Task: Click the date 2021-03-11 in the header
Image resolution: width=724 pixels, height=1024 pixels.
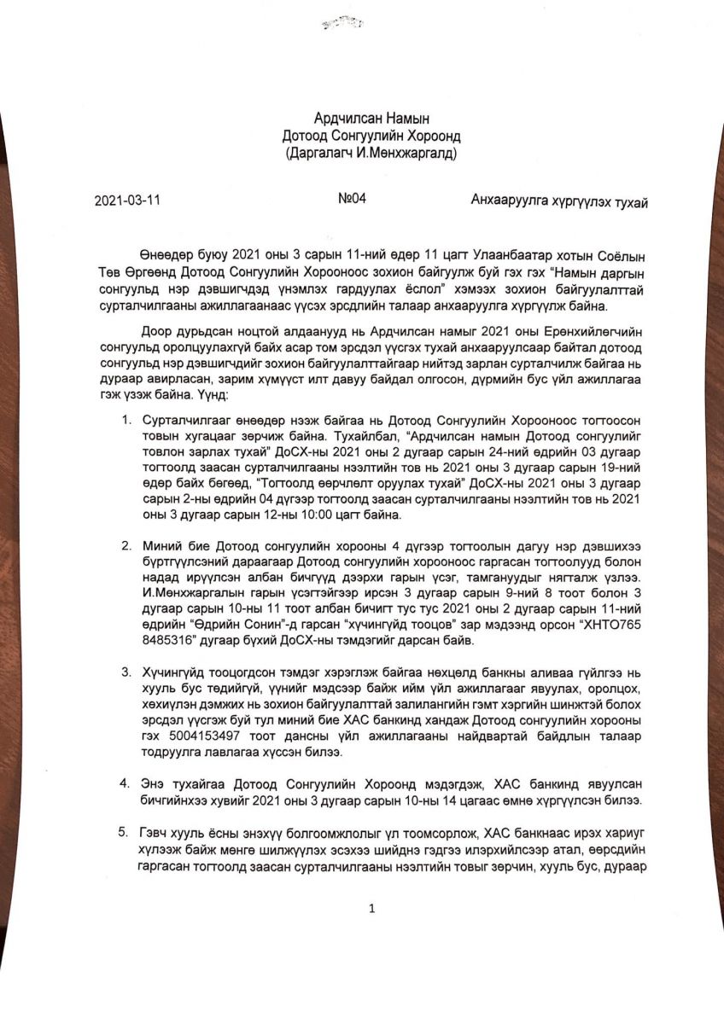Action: pyautogui.click(x=127, y=201)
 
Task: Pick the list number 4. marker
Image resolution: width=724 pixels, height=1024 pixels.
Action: pyautogui.click(x=126, y=782)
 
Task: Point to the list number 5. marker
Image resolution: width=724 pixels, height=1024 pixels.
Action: pyautogui.click(x=126, y=831)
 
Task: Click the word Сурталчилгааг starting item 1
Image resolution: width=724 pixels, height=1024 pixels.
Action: pyautogui.click(x=186, y=420)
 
